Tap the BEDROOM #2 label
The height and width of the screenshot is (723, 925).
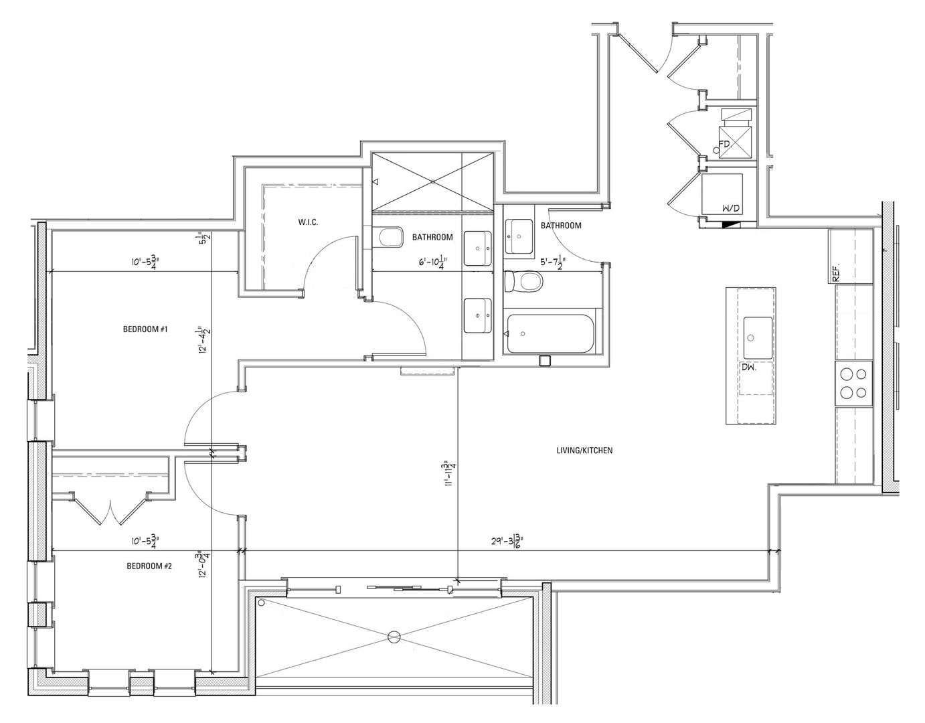[x=149, y=566]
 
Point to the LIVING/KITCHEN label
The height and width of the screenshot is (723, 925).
[x=584, y=451]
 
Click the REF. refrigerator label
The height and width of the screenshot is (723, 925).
[x=836, y=271]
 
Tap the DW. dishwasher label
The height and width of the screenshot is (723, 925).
[x=748, y=368]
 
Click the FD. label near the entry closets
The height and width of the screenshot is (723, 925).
[x=724, y=144]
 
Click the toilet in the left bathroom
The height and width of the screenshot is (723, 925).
[x=390, y=237]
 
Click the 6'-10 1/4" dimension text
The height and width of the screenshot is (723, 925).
[x=438, y=262]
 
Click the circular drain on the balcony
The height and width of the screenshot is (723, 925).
[x=394, y=637]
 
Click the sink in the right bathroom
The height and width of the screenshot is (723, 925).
[x=519, y=236]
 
